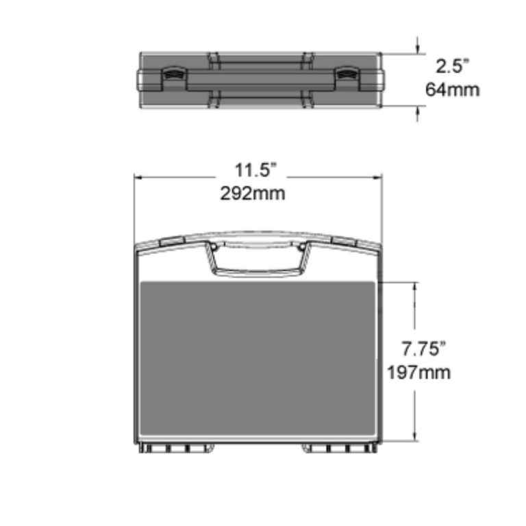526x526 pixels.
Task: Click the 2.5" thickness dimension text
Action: [453, 67]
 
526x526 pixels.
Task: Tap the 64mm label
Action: [453, 90]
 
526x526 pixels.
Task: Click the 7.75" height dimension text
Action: [424, 349]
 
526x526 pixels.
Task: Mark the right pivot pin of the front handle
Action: [301, 247]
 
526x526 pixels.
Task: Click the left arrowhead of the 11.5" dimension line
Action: [138, 177]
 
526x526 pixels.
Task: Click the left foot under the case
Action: [176, 448]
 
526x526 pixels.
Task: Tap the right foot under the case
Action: [340, 448]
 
